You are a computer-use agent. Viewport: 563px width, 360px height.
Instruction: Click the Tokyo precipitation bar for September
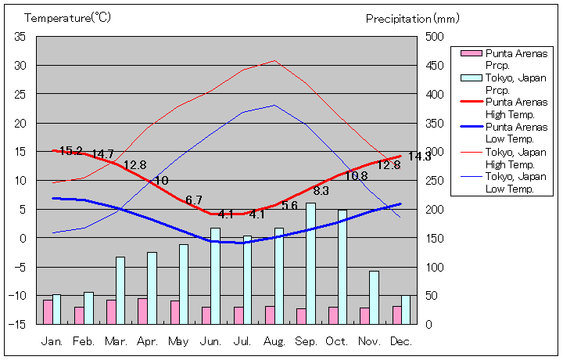310,263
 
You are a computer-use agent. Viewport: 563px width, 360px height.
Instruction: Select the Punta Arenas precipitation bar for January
48,311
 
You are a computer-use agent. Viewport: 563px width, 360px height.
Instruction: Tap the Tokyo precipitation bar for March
120,290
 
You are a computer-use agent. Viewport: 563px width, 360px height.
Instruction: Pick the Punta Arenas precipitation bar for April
142,311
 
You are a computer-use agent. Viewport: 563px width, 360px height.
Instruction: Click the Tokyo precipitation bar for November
374,297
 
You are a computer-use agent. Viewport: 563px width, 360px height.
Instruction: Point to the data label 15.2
71,151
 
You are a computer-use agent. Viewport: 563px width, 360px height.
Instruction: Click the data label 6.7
194,200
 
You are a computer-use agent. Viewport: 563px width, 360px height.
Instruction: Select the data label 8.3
321,190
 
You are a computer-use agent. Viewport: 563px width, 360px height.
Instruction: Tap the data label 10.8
356,176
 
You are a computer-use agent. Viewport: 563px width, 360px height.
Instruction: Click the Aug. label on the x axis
274,341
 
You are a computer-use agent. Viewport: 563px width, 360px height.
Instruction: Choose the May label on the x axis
178,341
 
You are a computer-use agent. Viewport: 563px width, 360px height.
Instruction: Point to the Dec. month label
400,341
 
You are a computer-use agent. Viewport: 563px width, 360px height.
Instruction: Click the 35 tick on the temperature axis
20,37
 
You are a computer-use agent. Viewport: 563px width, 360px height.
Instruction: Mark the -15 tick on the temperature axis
18,324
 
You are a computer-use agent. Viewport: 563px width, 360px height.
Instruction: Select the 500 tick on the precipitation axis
435,37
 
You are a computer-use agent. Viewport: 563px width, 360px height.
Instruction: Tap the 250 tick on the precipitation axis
435,180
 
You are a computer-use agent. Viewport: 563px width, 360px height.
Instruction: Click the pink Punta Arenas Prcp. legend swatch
471,53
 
